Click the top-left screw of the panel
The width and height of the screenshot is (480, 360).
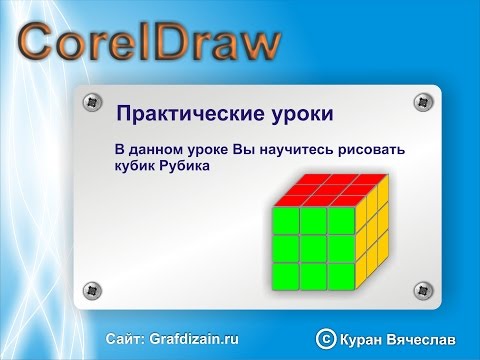tap(93, 102)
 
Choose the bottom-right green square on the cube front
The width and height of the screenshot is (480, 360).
tap(340, 271)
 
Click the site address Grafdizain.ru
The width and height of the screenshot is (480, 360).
tap(197, 339)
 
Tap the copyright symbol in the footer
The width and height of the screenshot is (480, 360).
tap(325, 340)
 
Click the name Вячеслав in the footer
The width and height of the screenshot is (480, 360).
tap(427, 340)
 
